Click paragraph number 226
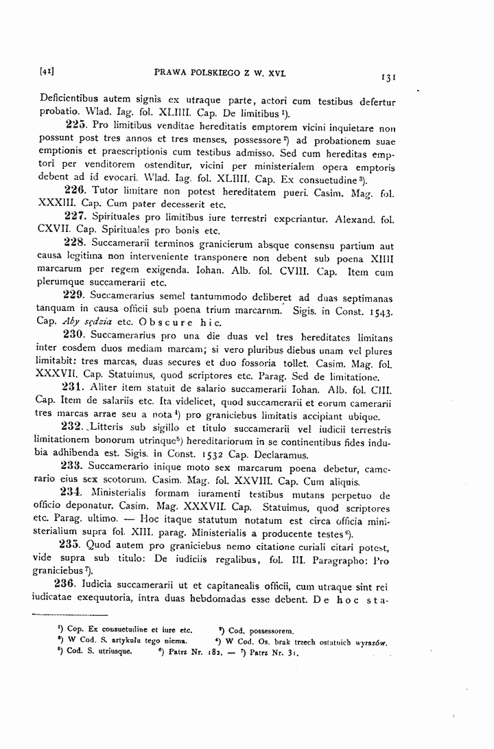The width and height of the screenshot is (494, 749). click(74, 189)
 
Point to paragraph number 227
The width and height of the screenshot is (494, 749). click(74, 216)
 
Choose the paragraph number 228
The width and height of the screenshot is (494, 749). click(73, 243)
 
